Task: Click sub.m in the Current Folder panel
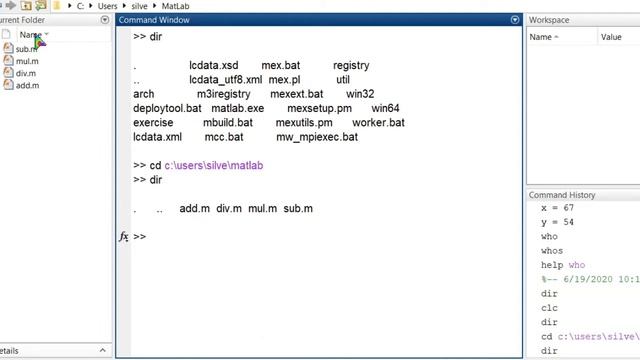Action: (26, 49)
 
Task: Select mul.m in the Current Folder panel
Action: (27, 61)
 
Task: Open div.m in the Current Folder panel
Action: (26, 73)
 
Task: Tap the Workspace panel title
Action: (550, 20)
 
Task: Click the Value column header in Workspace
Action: (611, 37)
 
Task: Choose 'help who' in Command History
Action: (564, 265)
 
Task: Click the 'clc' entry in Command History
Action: (549, 308)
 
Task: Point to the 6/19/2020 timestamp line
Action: (590, 280)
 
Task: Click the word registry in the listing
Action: (351, 66)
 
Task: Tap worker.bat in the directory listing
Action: (378, 122)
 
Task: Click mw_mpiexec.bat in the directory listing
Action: (316, 137)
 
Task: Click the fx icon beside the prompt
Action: (124, 237)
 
